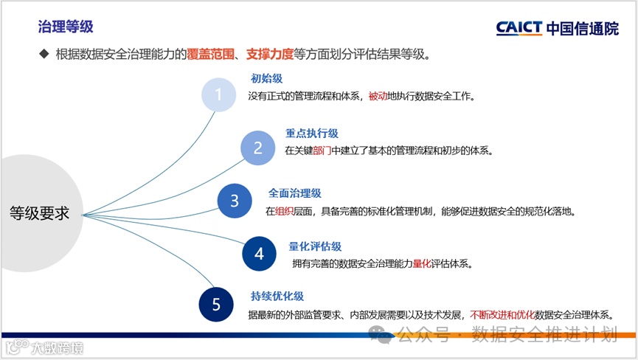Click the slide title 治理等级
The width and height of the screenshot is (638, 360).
66,27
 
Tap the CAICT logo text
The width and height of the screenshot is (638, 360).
519,28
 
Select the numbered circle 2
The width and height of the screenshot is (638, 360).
257,148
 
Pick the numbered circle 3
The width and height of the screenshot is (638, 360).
235,201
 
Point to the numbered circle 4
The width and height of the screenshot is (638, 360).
259,254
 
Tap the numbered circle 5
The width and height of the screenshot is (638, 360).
216,305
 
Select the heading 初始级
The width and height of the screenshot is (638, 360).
266,78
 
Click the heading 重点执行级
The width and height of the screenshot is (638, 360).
311,134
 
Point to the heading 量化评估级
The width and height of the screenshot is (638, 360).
315,246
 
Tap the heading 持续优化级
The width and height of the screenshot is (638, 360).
277,297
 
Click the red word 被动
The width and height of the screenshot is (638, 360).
378,96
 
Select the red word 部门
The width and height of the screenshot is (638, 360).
322,150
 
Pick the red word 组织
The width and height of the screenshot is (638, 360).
285,211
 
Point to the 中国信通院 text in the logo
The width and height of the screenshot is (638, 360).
583,28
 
